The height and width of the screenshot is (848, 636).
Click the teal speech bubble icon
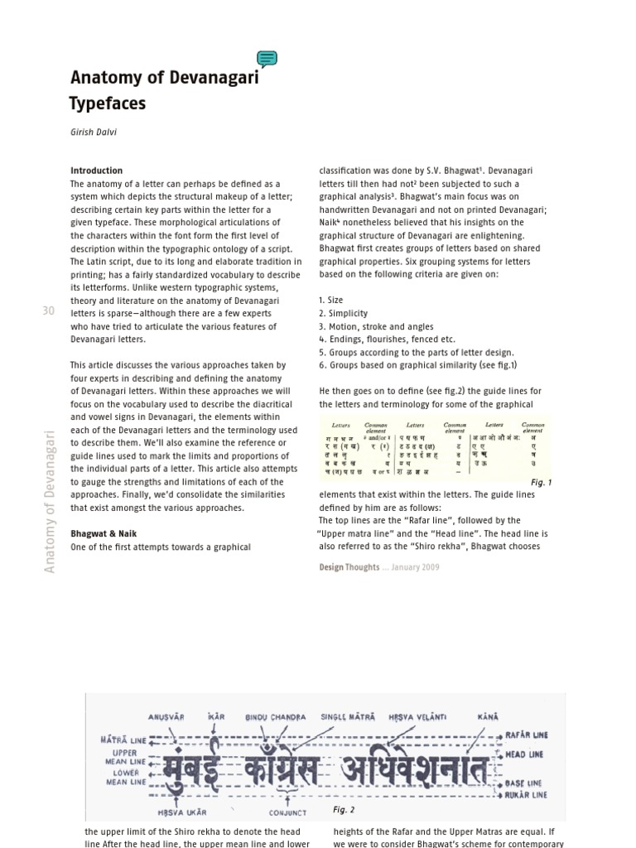[x=267, y=59]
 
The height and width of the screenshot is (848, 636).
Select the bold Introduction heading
[x=96, y=171]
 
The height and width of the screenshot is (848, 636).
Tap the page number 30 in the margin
[x=48, y=311]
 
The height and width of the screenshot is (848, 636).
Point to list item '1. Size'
[x=331, y=301]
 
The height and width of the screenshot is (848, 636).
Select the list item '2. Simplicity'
[x=343, y=314]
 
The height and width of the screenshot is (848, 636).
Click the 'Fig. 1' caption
[x=541, y=482]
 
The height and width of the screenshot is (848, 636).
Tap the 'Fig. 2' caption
[x=343, y=809]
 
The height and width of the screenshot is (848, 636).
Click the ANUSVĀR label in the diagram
[x=166, y=716]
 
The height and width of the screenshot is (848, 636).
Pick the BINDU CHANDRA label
[x=276, y=716]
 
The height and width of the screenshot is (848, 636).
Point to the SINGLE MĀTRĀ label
[x=347, y=716]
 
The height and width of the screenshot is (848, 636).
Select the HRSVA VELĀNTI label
[x=417, y=716]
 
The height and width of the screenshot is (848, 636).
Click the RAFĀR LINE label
[x=526, y=735]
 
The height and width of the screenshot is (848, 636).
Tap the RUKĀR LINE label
[x=526, y=794]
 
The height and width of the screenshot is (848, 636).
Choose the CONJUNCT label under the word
[x=287, y=812]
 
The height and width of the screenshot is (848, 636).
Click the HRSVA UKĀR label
[x=181, y=812]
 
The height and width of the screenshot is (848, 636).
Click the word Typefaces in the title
[x=108, y=104]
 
